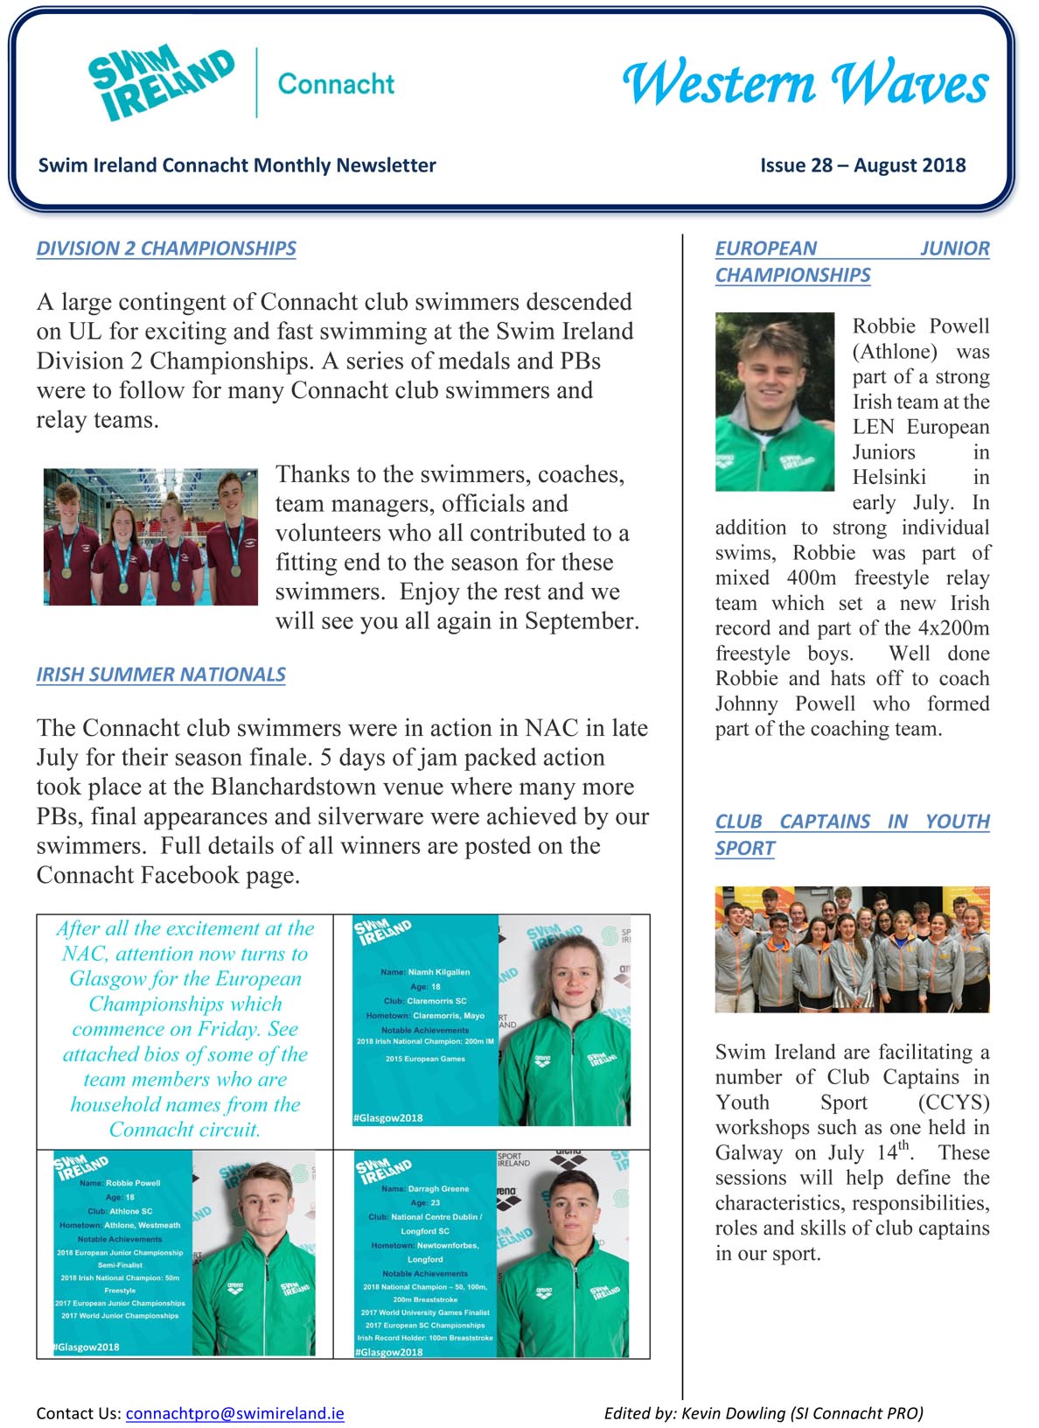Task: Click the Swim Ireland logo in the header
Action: pos(162,83)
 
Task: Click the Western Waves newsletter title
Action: pos(805,84)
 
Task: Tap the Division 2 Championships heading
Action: pos(166,248)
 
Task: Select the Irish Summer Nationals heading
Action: pos(161,675)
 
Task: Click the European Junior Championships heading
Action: pos(852,262)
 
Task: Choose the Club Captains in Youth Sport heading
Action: pos(852,835)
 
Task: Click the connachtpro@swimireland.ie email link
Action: pos(234,1413)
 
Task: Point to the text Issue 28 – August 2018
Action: pos(862,165)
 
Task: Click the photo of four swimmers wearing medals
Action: pos(150,536)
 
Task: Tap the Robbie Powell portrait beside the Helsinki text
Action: pos(775,402)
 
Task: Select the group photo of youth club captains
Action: pos(852,949)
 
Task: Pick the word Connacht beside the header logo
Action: pos(336,84)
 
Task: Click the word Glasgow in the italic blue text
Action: pos(111,979)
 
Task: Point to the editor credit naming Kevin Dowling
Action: pos(763,1413)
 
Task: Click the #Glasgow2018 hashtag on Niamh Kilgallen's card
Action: pos(388,1117)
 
